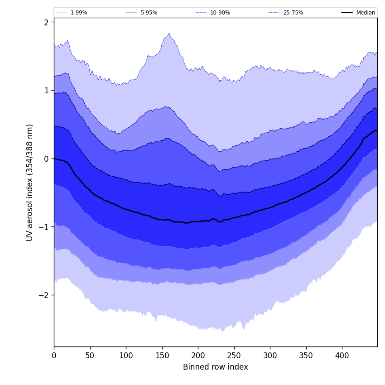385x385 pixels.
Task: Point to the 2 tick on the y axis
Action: click(46, 22)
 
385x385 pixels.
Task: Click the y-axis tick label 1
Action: click(46, 91)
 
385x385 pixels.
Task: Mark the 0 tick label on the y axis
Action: click(46, 159)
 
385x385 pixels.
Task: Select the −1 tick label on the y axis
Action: click(44, 227)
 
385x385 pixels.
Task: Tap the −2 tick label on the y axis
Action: click(44, 295)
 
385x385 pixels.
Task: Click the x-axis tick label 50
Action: click(90, 356)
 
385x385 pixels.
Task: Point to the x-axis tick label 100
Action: click(126, 356)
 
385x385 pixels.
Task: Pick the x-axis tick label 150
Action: click(162, 356)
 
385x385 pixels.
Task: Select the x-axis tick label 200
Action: click(198, 356)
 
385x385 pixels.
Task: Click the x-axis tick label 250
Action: click(234, 356)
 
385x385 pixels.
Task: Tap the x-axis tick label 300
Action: click(270, 356)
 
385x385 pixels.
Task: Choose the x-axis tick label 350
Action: click(306, 356)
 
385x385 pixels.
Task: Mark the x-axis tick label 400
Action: click(342, 356)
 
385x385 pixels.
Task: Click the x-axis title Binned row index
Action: click(216, 367)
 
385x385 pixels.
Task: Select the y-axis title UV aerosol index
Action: click(30, 182)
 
